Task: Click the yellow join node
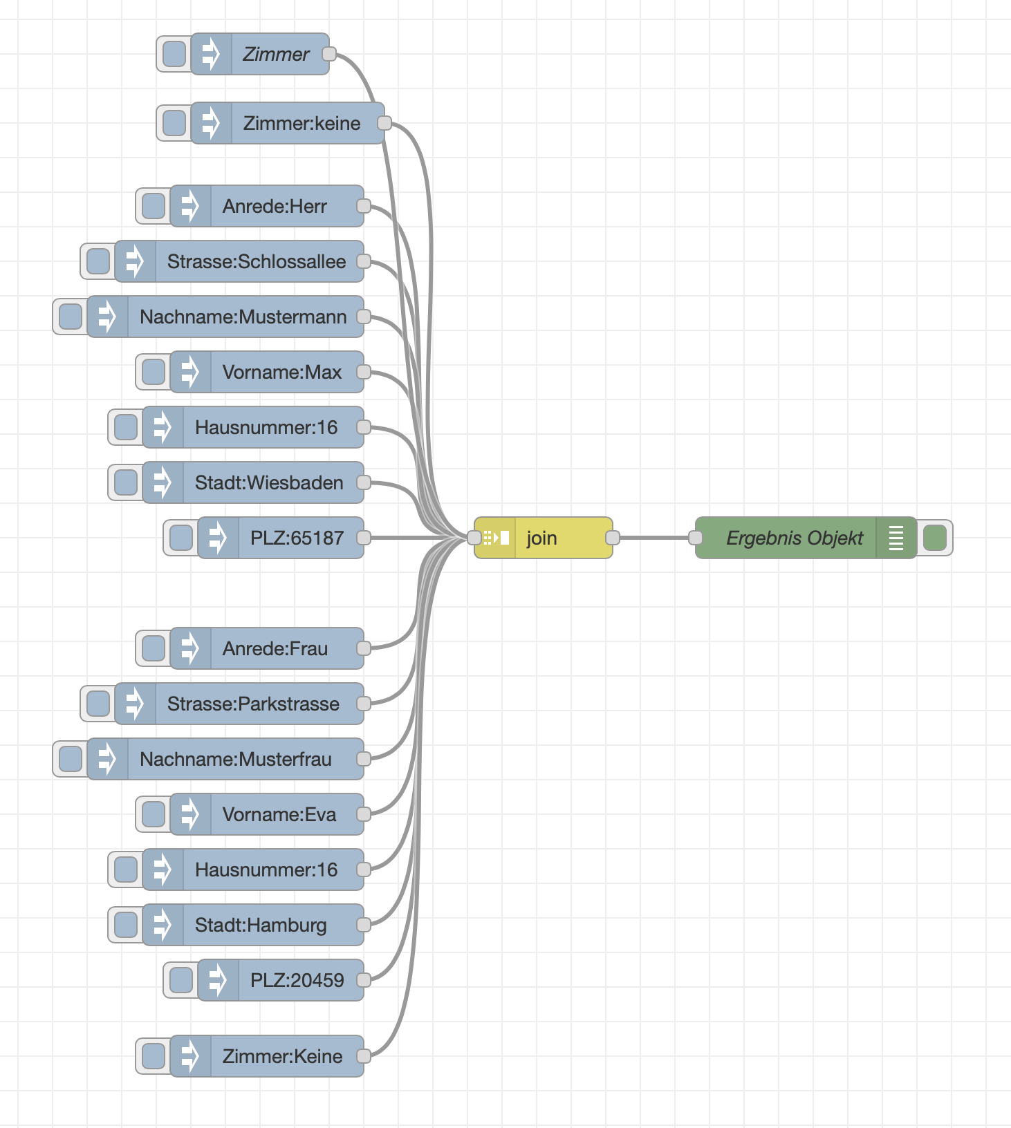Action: click(543, 538)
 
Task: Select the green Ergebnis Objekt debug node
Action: click(794, 538)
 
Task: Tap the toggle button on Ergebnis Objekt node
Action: click(935, 538)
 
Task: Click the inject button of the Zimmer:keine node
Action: click(174, 123)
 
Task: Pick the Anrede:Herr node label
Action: click(275, 206)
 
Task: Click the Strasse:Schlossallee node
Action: click(256, 261)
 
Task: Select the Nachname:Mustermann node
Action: click(243, 317)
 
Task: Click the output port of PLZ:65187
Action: click(364, 538)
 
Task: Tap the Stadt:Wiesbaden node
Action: click(268, 482)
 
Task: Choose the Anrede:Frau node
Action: click(275, 648)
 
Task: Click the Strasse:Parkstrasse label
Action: click(253, 704)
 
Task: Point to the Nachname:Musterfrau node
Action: click(235, 759)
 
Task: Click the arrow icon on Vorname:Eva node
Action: click(190, 814)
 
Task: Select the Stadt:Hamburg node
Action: click(260, 925)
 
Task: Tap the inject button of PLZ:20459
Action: click(181, 980)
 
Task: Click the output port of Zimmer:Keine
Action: click(364, 1056)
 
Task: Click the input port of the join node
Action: click(474, 538)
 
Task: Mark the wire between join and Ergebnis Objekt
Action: click(653, 538)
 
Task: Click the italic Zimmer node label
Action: click(276, 54)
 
